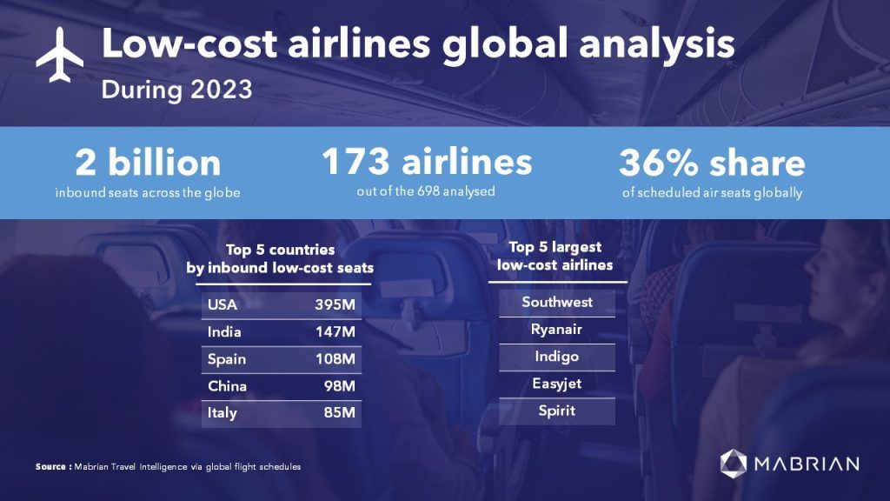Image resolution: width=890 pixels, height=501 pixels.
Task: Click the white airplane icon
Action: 59,55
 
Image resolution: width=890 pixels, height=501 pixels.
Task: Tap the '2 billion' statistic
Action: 148,163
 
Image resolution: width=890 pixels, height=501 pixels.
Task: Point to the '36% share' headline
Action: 712,163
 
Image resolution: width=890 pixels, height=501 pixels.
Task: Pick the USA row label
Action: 222,304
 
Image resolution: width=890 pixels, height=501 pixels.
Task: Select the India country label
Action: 225,331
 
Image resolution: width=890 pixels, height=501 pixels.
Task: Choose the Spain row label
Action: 227,359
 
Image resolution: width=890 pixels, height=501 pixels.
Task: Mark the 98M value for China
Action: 340,386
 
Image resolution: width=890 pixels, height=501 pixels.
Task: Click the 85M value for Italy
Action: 340,413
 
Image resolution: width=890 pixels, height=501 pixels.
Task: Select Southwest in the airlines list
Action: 557,303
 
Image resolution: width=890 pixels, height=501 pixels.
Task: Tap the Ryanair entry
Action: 556,330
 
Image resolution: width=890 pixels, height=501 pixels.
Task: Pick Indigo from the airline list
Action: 556,357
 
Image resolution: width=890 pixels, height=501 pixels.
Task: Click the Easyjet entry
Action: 556,384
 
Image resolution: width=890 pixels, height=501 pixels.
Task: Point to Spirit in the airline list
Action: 556,411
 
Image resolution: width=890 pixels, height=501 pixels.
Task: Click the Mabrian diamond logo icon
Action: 734,463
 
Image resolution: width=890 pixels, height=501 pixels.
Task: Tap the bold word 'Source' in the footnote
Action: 53,467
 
